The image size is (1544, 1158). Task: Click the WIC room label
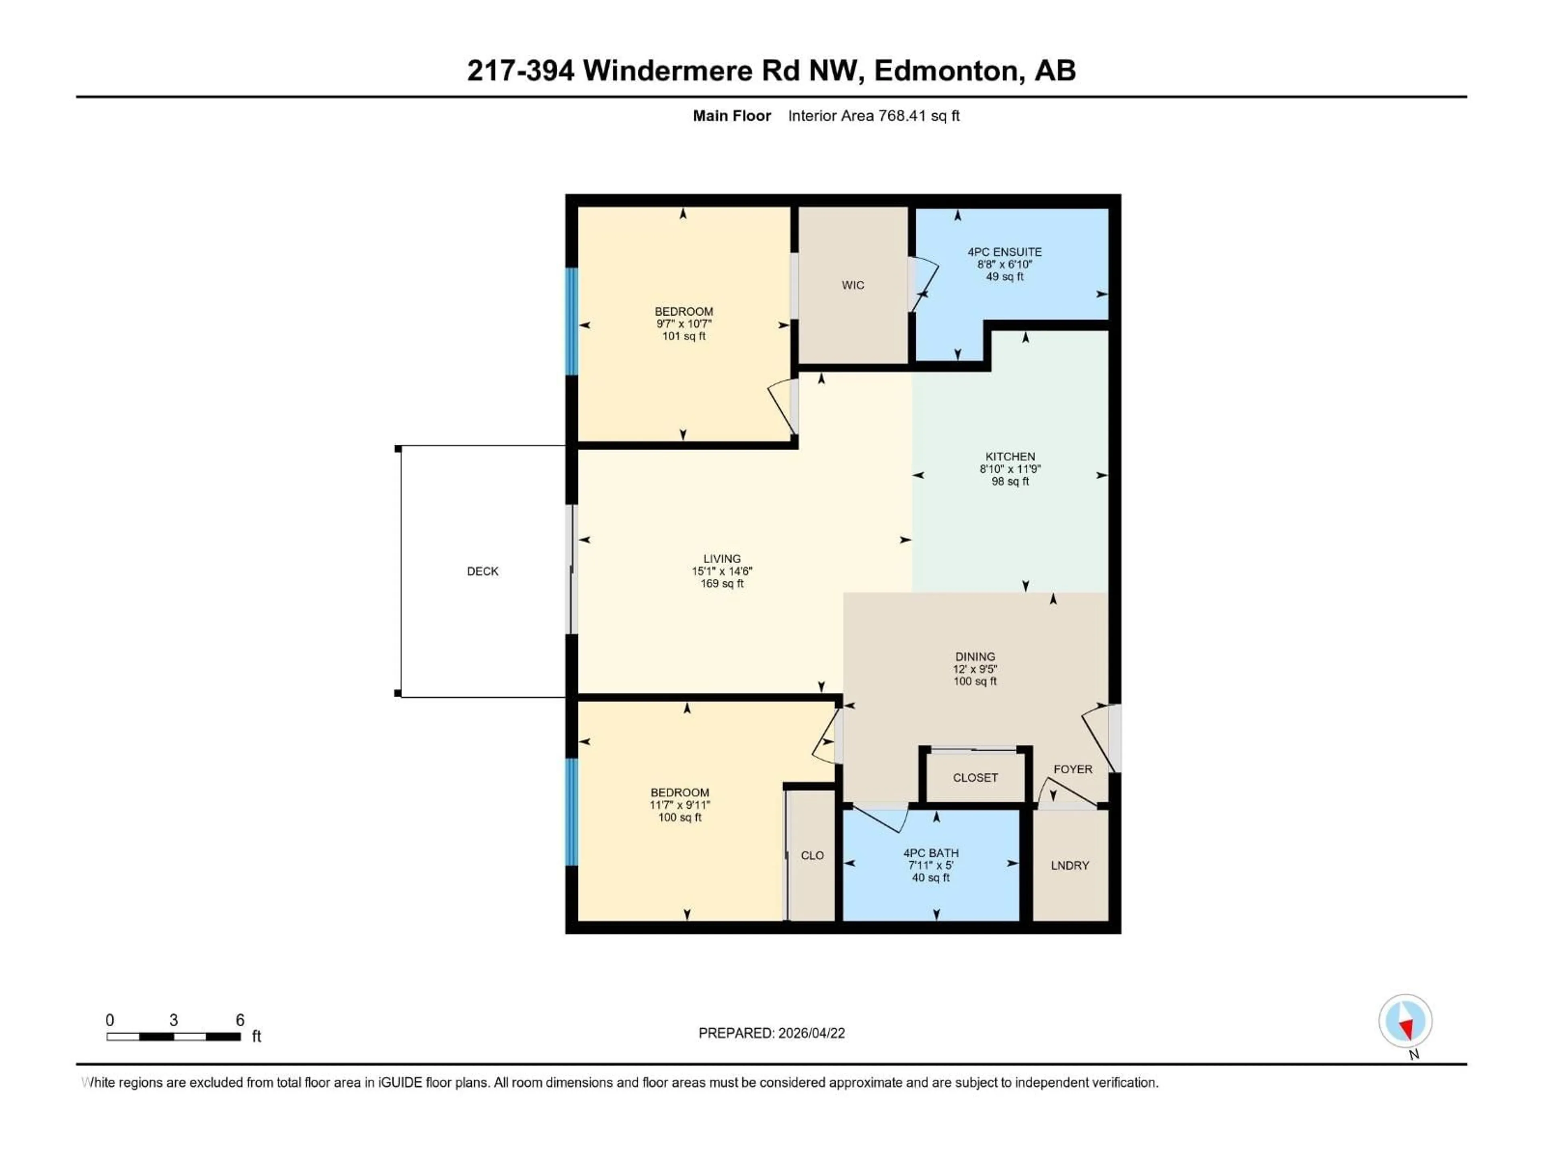(852, 285)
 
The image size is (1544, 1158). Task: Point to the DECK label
(482, 571)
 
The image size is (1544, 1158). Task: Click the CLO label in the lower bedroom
(812, 856)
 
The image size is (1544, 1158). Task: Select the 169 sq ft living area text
(722, 583)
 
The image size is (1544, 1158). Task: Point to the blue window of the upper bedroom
(572, 321)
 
